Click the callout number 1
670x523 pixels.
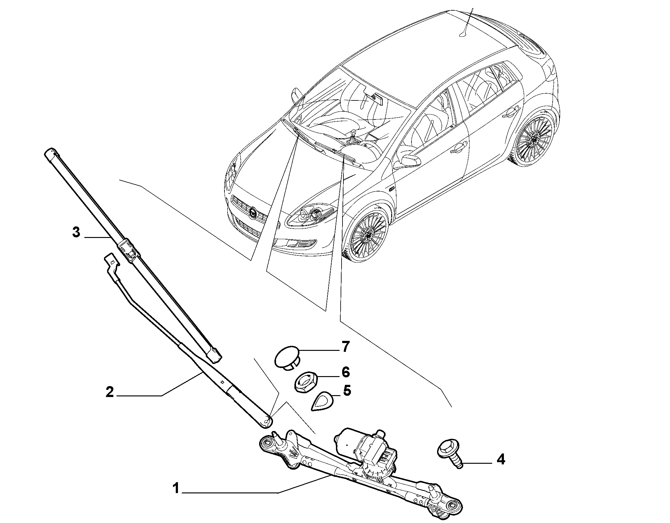point(176,497)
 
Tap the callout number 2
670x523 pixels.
point(110,392)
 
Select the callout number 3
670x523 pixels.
point(76,233)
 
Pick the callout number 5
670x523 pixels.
point(347,390)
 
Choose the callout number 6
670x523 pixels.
point(345,372)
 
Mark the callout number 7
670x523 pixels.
point(345,346)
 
